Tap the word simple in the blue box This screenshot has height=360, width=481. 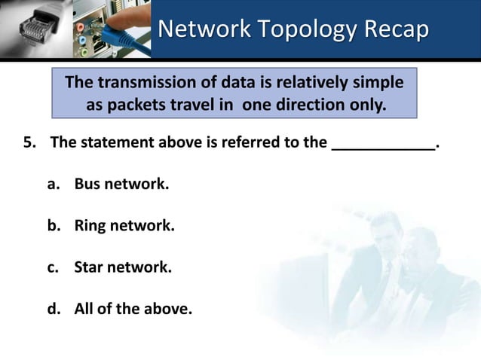point(375,81)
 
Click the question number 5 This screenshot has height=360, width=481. point(29,144)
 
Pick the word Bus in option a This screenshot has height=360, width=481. point(87,185)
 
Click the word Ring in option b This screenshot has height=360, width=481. point(90,225)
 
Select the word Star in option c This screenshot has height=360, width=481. point(89,266)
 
